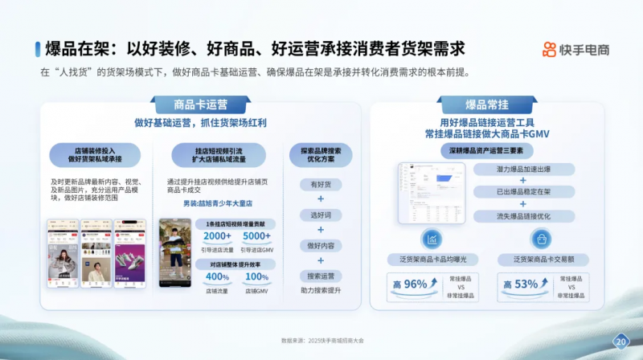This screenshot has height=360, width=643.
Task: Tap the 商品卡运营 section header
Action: point(201,104)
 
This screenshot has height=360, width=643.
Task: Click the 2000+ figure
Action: point(217,236)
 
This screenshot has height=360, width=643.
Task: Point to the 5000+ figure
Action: point(256,236)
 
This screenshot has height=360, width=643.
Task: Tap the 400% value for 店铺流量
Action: point(217,277)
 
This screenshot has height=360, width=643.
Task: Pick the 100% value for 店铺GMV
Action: point(256,277)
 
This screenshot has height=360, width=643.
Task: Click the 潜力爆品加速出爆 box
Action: point(522,169)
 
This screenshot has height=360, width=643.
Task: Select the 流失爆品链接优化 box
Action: point(522,215)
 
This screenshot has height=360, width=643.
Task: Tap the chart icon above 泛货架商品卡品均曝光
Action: point(432,239)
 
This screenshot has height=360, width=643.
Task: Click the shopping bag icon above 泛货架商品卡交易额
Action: point(542,239)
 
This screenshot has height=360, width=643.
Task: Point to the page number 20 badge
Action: point(620,342)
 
